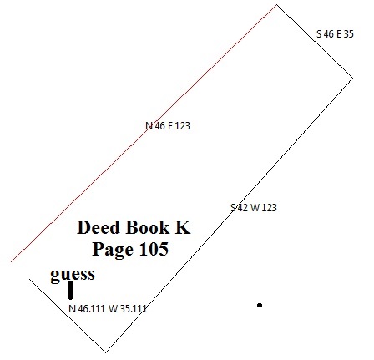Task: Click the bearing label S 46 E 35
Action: (335, 34)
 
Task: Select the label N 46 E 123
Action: (168, 126)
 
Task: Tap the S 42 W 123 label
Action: (254, 208)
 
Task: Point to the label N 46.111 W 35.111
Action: (108, 308)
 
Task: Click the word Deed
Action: (98, 227)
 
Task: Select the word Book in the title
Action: (147, 227)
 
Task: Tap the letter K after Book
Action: (183, 227)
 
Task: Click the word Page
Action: (113, 249)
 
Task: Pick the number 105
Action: (154, 249)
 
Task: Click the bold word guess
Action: (73, 274)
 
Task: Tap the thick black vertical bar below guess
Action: (70, 291)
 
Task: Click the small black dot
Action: (260, 305)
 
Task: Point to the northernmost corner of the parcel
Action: (276, 4)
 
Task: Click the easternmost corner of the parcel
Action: (353, 79)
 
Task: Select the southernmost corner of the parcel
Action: (106, 352)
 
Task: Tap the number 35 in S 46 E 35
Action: (349, 34)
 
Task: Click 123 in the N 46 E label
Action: (183, 126)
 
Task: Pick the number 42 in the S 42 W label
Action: (243, 208)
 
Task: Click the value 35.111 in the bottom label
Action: (134, 308)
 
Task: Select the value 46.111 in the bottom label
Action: (92, 308)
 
